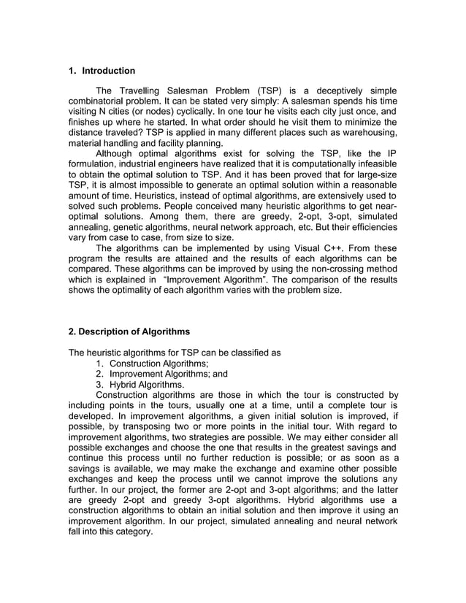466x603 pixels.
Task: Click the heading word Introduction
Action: click(x=108, y=71)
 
